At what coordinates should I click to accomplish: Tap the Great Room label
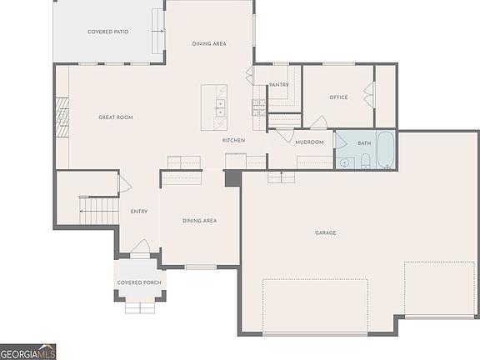pyautogui.click(x=116, y=117)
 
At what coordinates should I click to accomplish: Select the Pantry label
pyautogui.click(x=278, y=84)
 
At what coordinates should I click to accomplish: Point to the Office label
pyautogui.click(x=338, y=97)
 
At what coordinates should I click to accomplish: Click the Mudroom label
pyautogui.click(x=309, y=142)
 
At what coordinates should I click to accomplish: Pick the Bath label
pyautogui.click(x=364, y=143)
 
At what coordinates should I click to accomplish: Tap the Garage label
pyautogui.click(x=325, y=232)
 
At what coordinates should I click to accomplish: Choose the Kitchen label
pyautogui.click(x=233, y=140)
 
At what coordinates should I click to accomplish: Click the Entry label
pyautogui.click(x=139, y=211)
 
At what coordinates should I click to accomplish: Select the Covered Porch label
pyautogui.click(x=139, y=282)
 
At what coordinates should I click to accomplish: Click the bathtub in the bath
pyautogui.click(x=386, y=149)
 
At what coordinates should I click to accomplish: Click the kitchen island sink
pyautogui.click(x=220, y=107)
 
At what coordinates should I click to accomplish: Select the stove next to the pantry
pyautogui.click(x=258, y=107)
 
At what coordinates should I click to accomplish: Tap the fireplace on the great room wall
pyautogui.click(x=61, y=117)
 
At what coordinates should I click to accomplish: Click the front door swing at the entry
pyautogui.click(x=142, y=247)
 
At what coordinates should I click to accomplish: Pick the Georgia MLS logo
pyautogui.click(x=27, y=352)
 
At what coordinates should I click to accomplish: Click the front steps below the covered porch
pyautogui.click(x=139, y=307)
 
